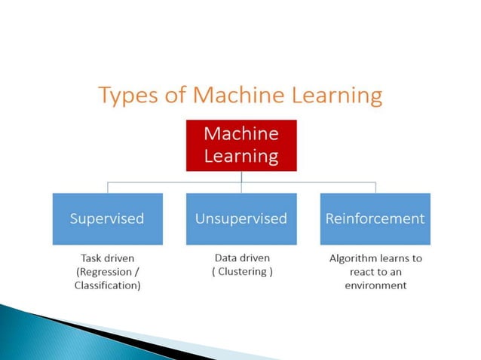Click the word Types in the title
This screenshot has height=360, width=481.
pos(125,96)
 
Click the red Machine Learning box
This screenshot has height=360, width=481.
pos(241,145)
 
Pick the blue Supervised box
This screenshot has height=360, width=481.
pos(107,218)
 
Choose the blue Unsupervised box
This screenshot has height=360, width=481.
pos(241,218)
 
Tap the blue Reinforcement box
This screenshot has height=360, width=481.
pos(375,218)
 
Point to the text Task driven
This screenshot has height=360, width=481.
pos(107,258)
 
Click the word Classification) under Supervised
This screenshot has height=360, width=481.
pos(107,285)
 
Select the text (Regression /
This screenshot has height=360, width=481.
pos(107,271)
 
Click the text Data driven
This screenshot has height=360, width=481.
pos(240,258)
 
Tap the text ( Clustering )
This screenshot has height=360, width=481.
pos(240,271)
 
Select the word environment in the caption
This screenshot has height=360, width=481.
pos(375,285)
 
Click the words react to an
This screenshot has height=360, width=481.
pos(375,271)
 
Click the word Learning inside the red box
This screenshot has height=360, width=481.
pos(241,156)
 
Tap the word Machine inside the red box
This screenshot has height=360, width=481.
pos(241,134)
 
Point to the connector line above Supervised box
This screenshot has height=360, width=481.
pos(107,187)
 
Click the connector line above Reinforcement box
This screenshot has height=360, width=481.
pos(375,187)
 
